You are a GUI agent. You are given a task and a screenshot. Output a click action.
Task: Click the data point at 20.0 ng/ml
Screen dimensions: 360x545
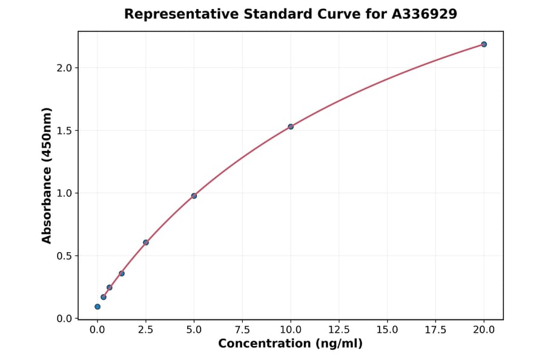[484, 44]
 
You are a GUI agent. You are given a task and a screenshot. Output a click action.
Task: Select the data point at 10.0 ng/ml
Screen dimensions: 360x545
[291, 127]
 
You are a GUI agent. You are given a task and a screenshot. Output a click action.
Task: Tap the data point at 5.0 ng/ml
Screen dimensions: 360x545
[194, 196]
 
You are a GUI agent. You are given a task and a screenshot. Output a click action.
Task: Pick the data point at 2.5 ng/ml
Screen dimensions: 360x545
[146, 242]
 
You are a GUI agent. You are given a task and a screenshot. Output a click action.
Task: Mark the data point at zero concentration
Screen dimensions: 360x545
[97, 307]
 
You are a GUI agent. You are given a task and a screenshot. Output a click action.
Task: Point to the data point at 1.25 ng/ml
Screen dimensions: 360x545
[122, 273]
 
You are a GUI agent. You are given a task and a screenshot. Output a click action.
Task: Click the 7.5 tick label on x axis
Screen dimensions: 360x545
[242, 330]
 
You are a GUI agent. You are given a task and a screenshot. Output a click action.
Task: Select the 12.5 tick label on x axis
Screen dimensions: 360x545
[339, 330]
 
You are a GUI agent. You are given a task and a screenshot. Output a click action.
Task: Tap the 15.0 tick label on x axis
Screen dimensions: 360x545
[387, 330]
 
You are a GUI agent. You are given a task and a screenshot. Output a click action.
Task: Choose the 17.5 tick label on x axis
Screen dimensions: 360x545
[435, 330]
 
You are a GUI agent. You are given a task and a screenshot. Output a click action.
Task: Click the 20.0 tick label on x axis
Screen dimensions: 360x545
[484, 330]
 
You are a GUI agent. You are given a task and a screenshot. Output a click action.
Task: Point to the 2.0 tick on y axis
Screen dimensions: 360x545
[64, 68]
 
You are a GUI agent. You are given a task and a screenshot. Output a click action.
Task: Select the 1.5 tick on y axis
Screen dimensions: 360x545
[64, 130]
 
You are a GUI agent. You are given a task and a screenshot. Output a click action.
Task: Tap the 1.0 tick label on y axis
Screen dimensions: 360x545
[64, 193]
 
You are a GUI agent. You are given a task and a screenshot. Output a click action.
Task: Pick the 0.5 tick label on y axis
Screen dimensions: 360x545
[64, 256]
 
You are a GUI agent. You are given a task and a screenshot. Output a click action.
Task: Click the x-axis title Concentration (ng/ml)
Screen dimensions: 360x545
[290, 344]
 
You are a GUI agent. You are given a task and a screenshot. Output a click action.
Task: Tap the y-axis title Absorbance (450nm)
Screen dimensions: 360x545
[47, 175]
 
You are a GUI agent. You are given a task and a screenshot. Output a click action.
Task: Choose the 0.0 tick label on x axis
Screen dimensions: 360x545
[97, 330]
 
